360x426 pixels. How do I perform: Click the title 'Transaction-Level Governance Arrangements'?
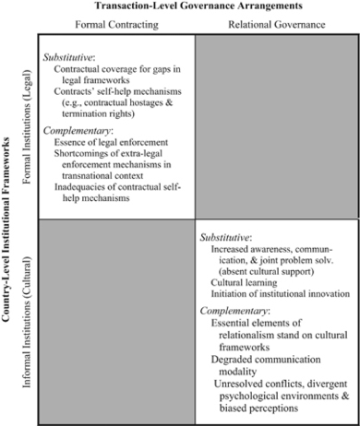click(x=193, y=6)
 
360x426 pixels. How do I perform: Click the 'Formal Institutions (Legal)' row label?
click(x=27, y=129)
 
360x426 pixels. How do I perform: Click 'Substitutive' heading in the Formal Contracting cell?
click(x=70, y=59)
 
